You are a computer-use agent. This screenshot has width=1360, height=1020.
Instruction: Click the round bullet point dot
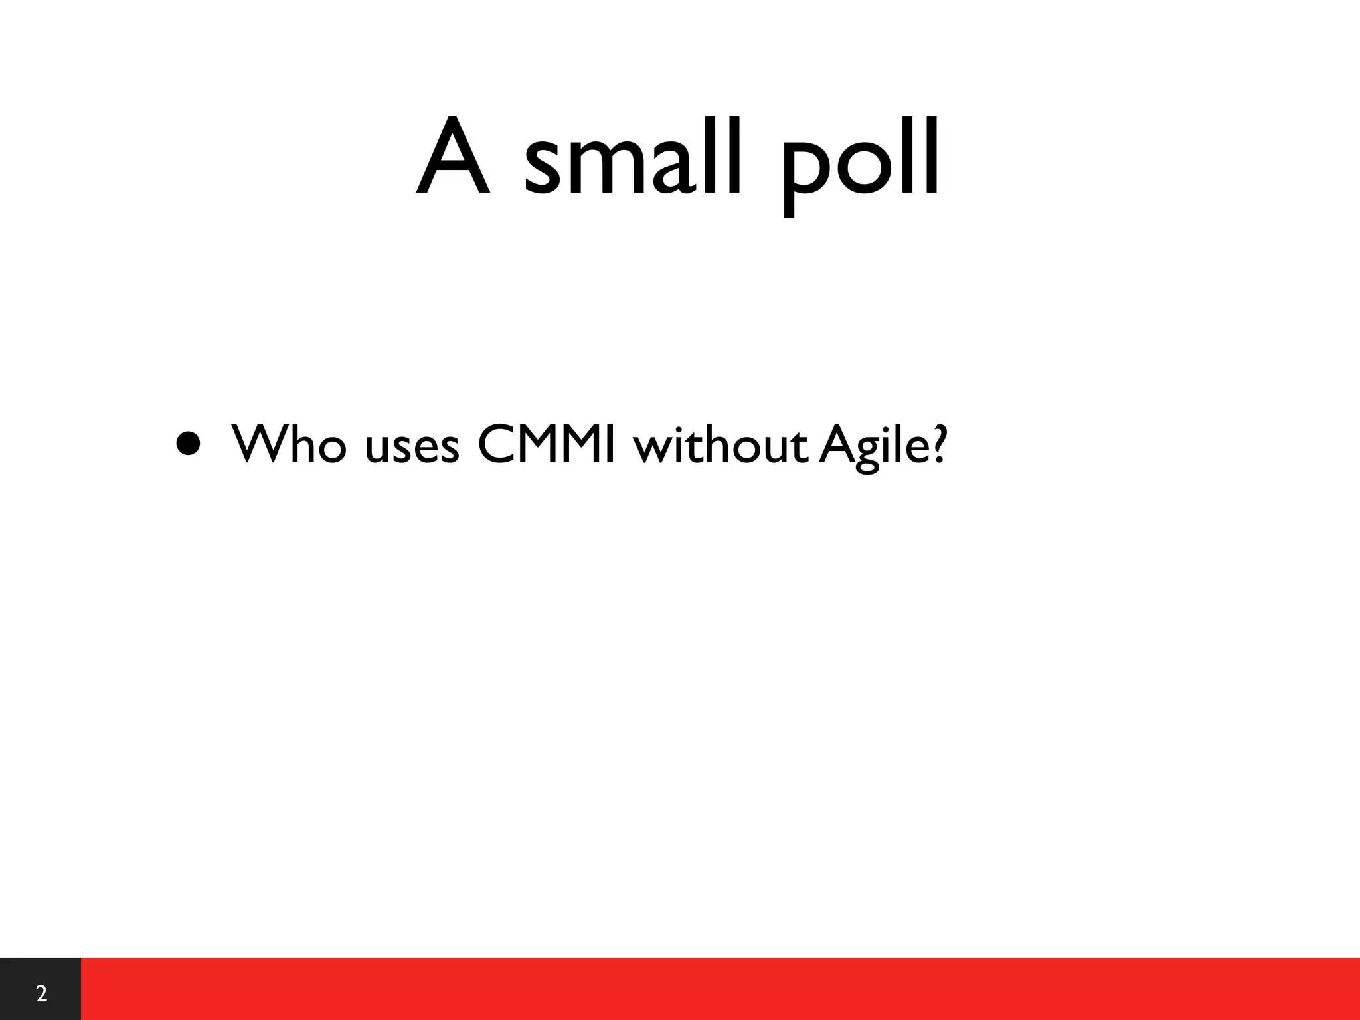coord(188,444)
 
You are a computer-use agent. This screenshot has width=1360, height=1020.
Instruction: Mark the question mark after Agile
coord(936,443)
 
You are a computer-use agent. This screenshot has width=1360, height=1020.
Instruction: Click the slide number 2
coord(41,994)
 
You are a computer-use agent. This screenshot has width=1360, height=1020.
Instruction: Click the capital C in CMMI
coord(497,443)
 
